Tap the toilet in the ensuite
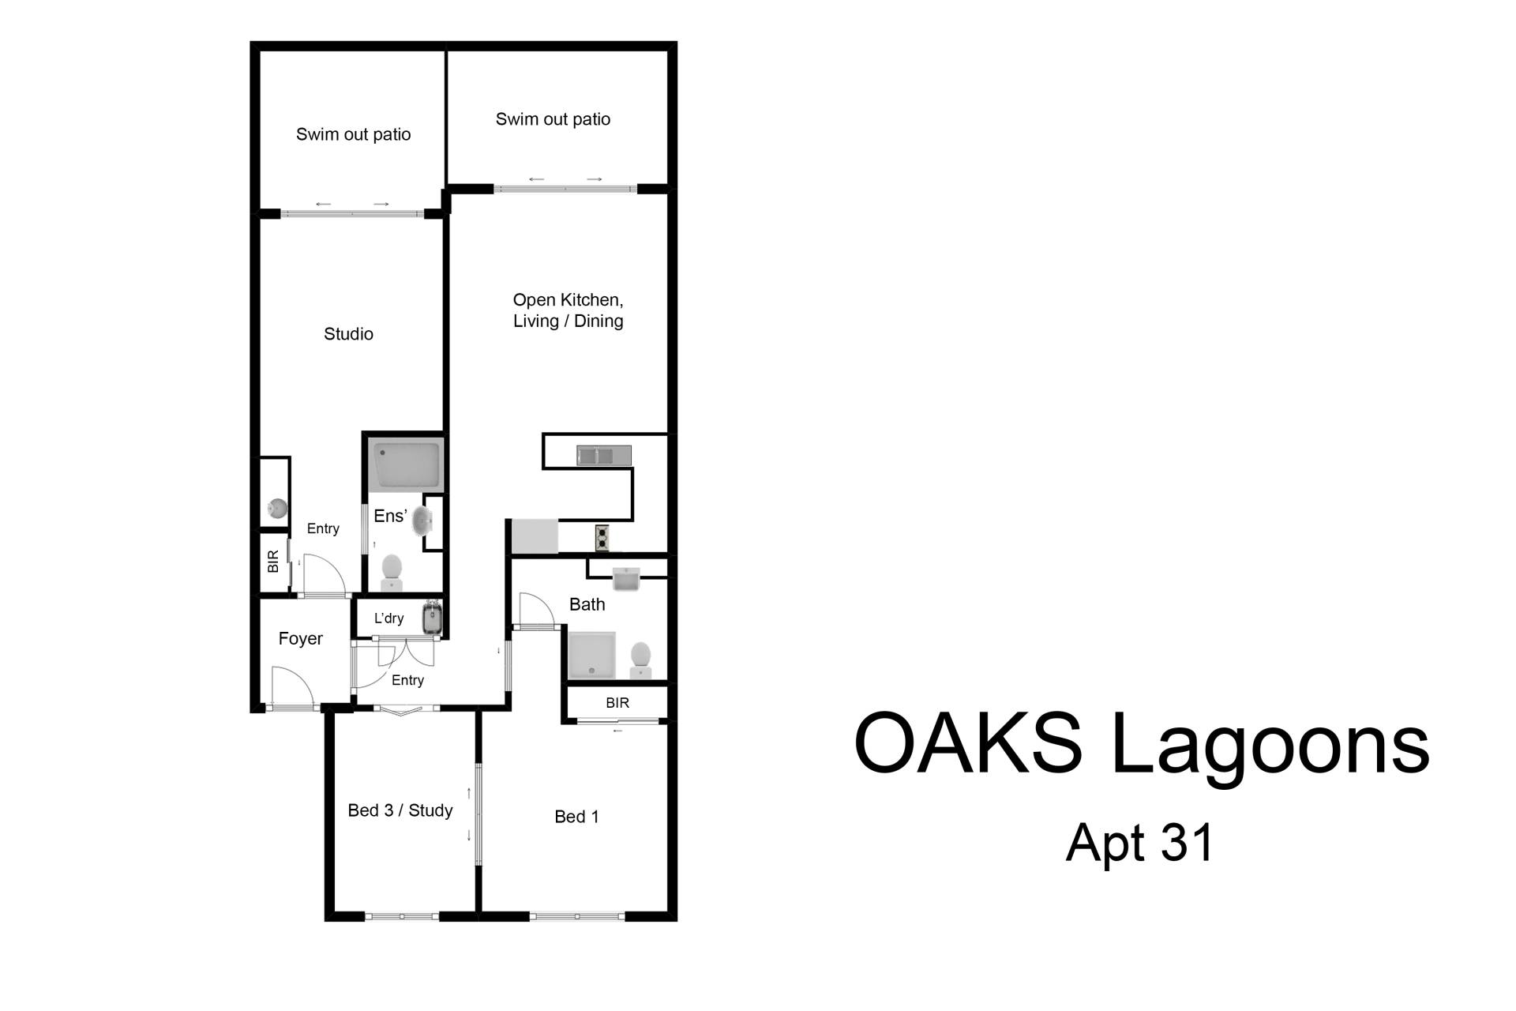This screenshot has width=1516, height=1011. (x=392, y=572)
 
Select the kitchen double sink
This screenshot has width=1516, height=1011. (x=604, y=456)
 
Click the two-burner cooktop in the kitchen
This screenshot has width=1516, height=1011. (x=602, y=538)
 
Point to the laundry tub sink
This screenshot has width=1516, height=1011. (x=433, y=618)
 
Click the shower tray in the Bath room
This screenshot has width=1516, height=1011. (x=591, y=655)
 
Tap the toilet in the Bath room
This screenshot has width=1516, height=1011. (x=640, y=660)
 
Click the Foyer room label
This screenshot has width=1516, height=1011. (x=301, y=638)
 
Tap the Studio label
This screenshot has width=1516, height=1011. (x=348, y=334)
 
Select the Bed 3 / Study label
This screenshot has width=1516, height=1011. (x=400, y=810)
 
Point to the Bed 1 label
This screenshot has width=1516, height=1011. (x=576, y=817)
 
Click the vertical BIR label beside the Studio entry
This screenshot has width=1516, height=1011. (x=273, y=562)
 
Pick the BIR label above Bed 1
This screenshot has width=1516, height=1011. (x=617, y=703)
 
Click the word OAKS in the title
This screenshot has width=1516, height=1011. (x=968, y=744)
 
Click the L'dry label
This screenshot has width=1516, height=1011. (x=388, y=618)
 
